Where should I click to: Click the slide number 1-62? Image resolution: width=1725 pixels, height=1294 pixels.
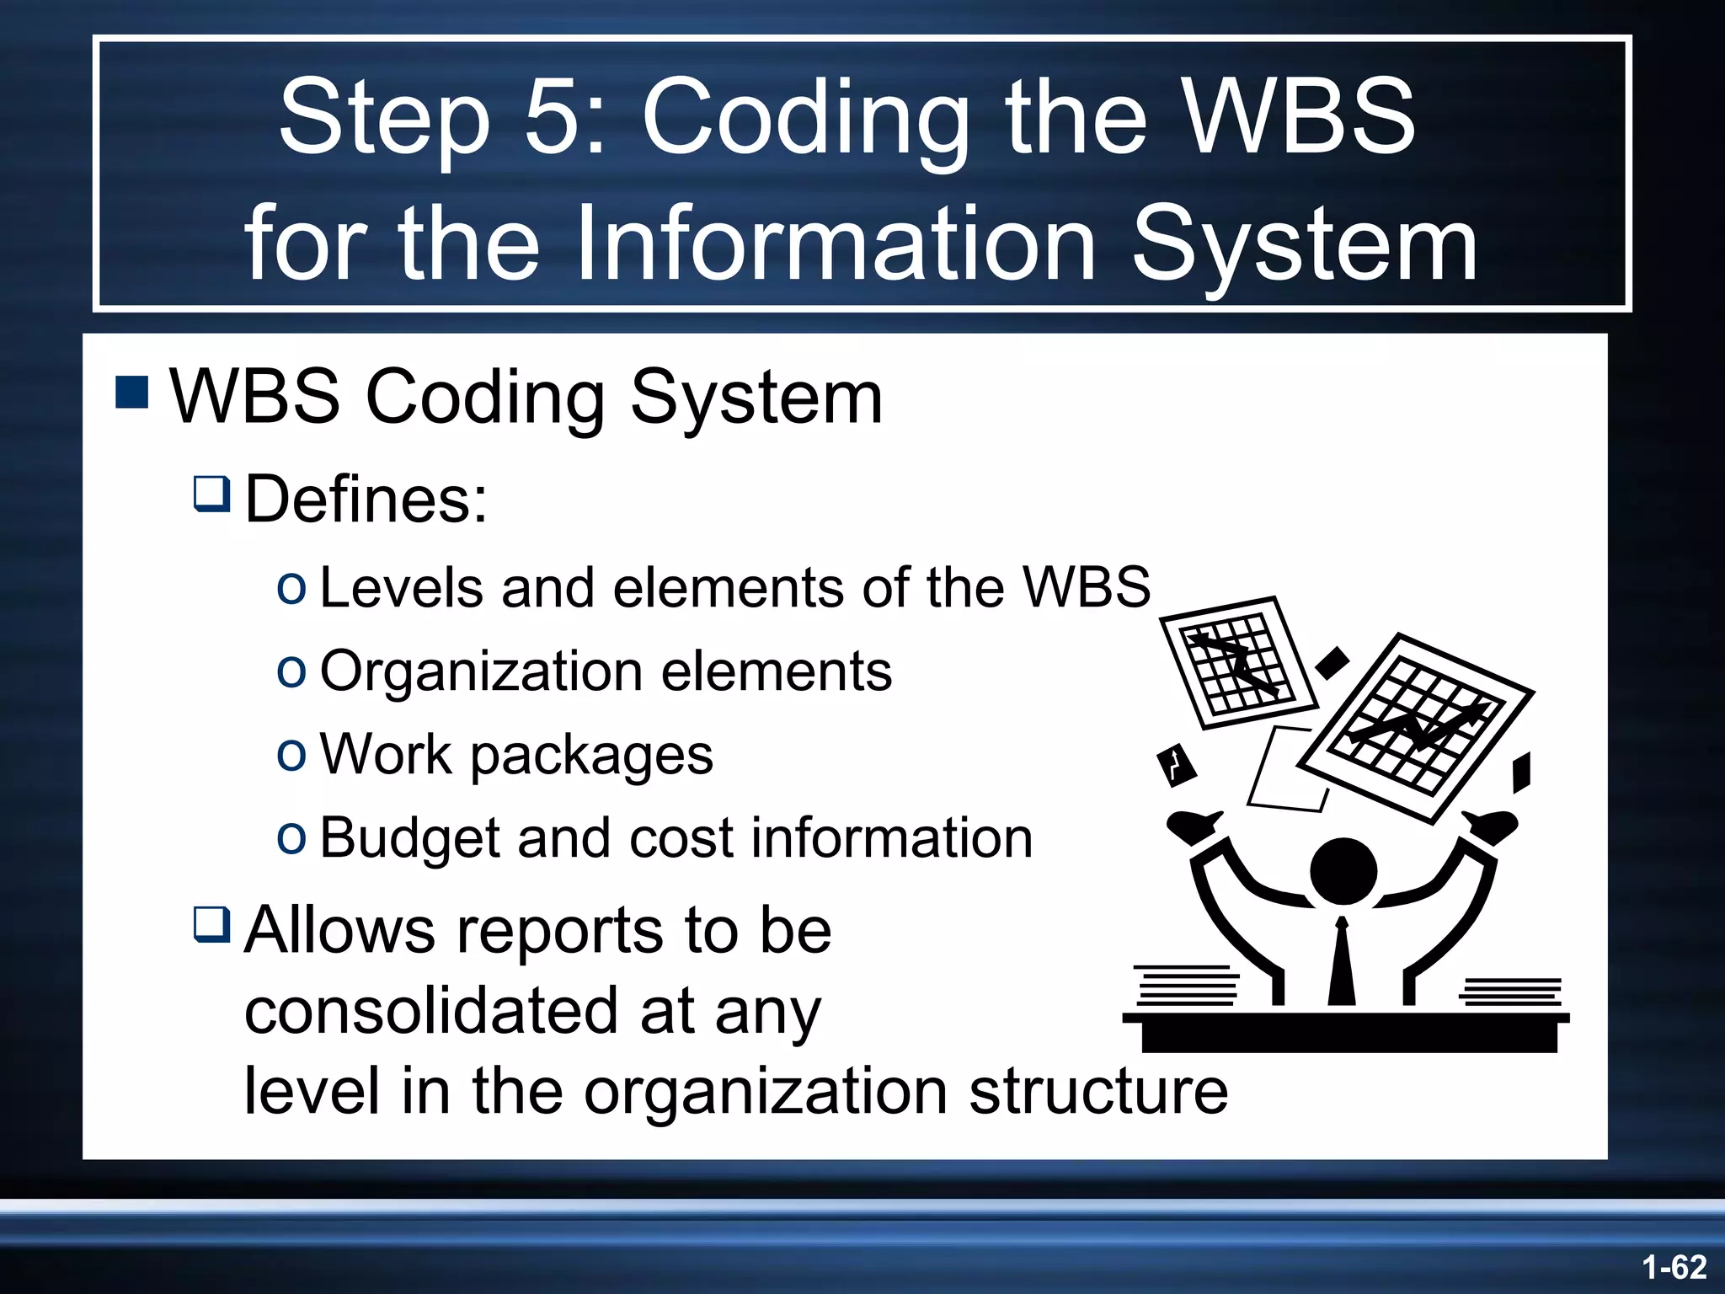click(1674, 1267)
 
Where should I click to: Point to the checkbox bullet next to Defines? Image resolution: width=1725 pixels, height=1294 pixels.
click(211, 494)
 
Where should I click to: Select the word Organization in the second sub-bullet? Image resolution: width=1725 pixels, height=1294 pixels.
click(481, 671)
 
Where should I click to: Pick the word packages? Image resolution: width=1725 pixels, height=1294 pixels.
click(591, 755)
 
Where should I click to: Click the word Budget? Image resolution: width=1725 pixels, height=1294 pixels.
click(410, 838)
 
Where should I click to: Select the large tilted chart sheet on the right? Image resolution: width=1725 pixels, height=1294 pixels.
click(1415, 729)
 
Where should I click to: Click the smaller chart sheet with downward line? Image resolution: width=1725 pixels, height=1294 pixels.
click(1236, 662)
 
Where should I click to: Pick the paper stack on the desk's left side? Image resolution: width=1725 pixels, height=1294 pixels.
click(1186, 986)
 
